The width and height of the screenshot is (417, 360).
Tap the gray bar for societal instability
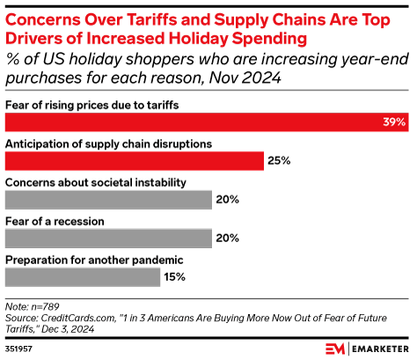click(108, 200)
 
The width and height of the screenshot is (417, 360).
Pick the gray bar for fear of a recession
click(108, 239)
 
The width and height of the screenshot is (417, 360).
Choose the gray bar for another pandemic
click(83, 277)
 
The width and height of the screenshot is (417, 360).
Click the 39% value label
click(394, 122)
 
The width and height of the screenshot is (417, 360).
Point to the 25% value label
click(279, 161)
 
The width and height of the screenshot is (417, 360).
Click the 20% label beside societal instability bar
click(227, 200)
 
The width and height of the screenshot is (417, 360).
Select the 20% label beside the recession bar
click(227, 239)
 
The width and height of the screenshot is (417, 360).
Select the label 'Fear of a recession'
click(55, 221)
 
